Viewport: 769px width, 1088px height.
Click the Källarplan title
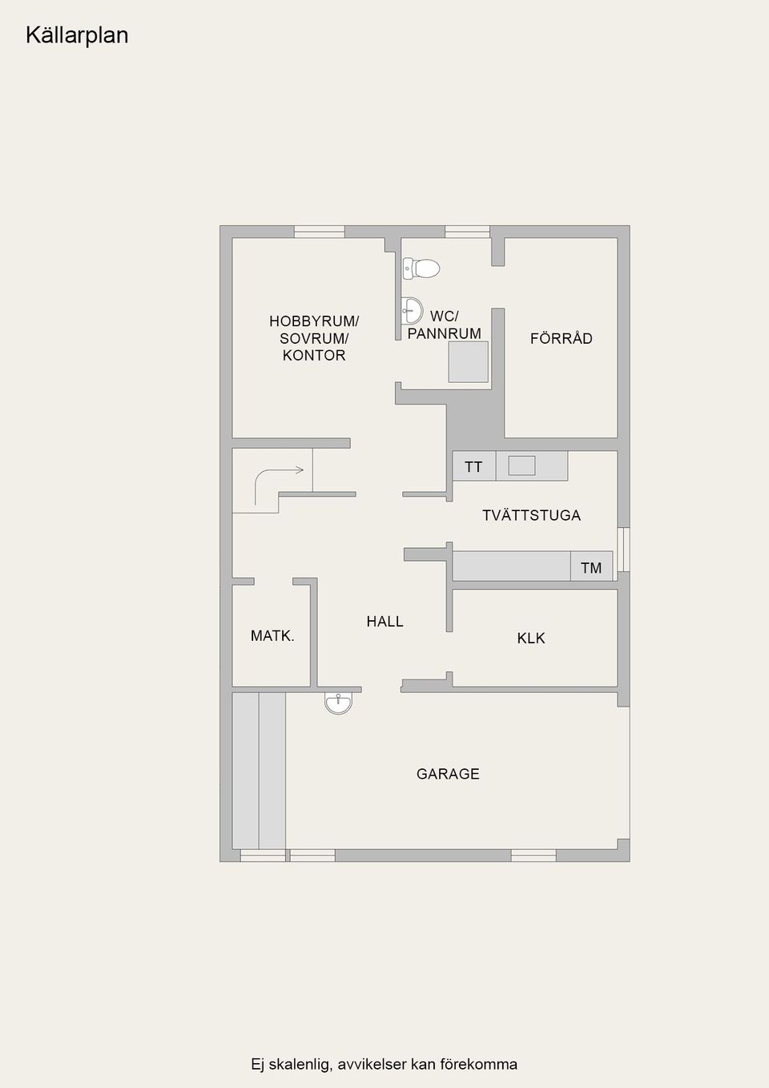[77, 35]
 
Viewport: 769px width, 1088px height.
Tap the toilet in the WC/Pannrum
[421, 268]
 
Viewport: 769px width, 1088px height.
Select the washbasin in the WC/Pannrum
[413, 310]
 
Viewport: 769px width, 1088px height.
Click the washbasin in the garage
[338, 703]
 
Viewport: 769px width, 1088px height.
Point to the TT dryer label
[473, 467]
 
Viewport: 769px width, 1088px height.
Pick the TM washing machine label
[591, 568]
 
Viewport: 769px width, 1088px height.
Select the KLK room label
[530, 639]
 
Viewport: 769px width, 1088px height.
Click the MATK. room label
[272, 636]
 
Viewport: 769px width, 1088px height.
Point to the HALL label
[385, 621]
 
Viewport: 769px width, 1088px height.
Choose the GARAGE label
[448, 774]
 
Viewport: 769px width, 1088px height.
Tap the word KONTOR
[314, 355]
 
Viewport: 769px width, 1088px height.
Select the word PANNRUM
[445, 333]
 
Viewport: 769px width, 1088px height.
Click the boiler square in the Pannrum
[468, 362]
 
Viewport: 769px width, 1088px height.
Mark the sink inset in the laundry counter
[522, 465]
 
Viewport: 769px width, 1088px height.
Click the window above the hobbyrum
[320, 232]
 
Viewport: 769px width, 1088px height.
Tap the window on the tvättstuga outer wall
[624, 550]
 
